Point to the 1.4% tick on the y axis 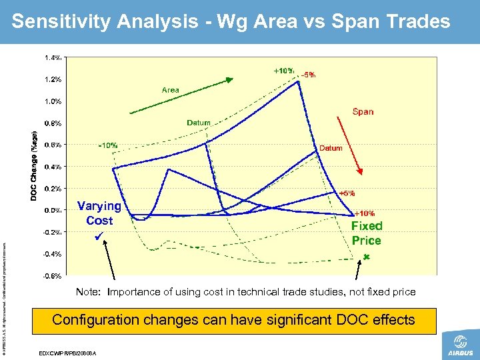54,57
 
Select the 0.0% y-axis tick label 54,210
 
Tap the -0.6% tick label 53,275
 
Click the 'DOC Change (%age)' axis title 34,164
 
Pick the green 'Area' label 171,90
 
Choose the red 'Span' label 363,112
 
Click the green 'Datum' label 199,123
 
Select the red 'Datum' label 331,148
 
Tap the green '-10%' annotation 108,145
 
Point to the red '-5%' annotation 308,75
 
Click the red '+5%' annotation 347,193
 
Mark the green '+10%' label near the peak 284,71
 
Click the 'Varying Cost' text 99,213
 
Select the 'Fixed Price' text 367,233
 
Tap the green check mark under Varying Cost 99,237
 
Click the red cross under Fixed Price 366,257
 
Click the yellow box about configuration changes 233,320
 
